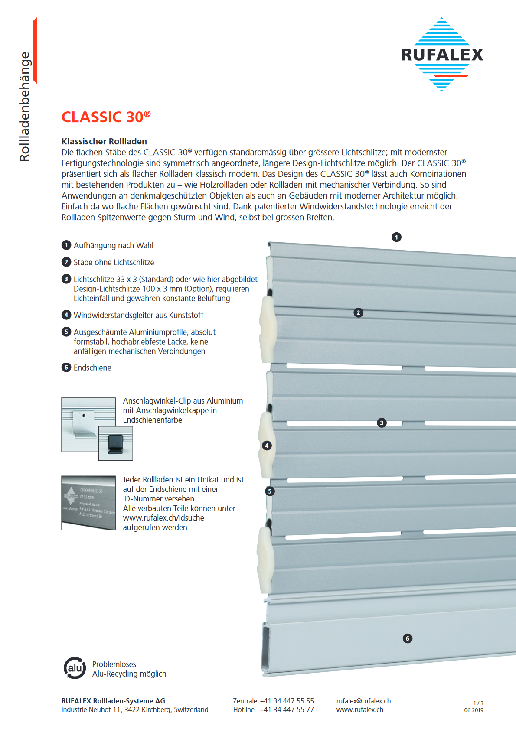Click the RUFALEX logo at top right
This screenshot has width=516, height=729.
click(442, 55)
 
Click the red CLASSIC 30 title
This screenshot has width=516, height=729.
click(106, 117)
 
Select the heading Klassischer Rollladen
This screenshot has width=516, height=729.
click(104, 141)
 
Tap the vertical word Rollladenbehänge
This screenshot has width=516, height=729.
click(25, 107)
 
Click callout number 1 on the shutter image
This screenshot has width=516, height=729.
click(396, 237)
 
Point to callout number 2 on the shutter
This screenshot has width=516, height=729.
click(358, 312)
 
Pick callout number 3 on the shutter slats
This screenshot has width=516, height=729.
click(382, 423)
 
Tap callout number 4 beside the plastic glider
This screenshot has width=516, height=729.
click(267, 445)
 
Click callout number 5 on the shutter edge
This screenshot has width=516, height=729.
click(270, 491)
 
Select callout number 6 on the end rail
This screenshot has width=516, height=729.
click(407, 638)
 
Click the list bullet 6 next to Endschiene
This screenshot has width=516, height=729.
click(66, 368)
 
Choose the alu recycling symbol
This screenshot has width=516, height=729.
click(75, 668)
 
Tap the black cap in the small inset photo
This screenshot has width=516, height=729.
click(115, 443)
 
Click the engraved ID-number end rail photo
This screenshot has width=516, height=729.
click(88, 503)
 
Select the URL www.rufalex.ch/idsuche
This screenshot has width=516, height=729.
click(163, 518)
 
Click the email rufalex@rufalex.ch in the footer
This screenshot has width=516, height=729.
click(363, 701)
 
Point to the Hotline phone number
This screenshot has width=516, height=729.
click(287, 709)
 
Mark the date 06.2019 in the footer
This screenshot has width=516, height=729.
click(474, 710)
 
